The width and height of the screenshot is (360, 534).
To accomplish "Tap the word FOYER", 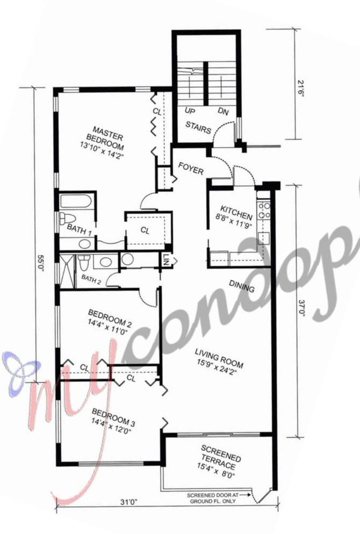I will [x=191, y=171].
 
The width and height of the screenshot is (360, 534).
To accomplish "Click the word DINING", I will [x=242, y=286].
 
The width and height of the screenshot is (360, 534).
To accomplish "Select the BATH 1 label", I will [x=79, y=228].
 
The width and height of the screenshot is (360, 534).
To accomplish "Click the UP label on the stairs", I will [x=189, y=112].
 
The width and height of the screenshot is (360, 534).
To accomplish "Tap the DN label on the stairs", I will [x=223, y=112].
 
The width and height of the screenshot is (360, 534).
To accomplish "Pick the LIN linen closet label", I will [x=166, y=259].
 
